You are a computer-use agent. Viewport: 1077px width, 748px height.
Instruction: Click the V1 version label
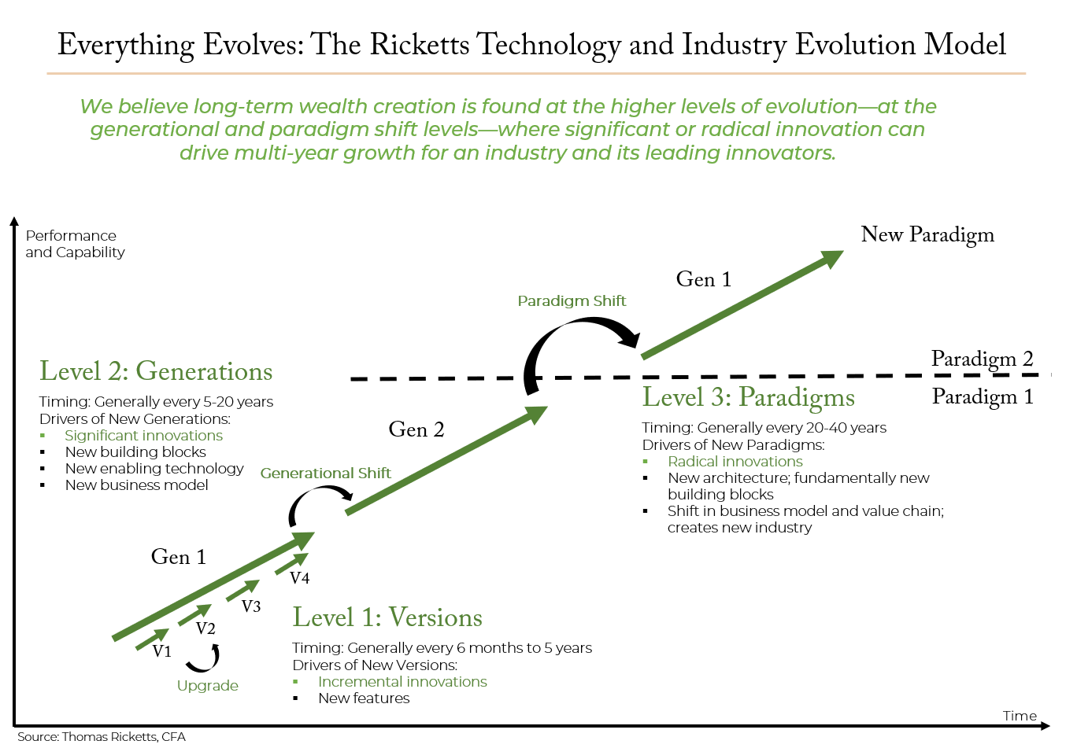(161, 651)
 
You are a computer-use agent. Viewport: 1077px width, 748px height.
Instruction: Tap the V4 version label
(299, 577)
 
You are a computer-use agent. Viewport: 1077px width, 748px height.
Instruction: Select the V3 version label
(251, 606)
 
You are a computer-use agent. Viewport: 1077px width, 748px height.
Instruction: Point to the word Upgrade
(207, 686)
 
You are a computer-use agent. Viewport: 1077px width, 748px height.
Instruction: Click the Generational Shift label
(325, 473)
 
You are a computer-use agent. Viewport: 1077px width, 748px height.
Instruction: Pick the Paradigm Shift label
(572, 301)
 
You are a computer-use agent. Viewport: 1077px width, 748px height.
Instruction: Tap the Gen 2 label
(416, 429)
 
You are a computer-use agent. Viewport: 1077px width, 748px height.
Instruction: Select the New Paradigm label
(927, 235)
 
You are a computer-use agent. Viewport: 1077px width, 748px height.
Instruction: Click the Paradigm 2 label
(983, 359)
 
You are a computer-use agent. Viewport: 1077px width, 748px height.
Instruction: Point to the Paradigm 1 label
(983, 397)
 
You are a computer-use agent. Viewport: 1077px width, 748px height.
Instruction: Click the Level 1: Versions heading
(387, 617)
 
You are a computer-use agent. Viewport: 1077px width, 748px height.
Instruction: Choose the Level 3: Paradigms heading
(749, 398)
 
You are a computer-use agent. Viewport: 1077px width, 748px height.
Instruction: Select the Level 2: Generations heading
(156, 371)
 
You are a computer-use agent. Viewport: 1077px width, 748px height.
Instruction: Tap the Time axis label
(1020, 717)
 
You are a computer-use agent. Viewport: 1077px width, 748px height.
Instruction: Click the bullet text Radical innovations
(735, 462)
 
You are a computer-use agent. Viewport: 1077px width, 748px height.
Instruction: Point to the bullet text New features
(364, 698)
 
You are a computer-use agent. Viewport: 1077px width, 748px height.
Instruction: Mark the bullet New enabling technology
(154, 469)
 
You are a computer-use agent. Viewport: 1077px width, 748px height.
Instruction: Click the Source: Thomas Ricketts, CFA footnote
(102, 737)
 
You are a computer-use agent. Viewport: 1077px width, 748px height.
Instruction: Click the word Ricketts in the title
(420, 45)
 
